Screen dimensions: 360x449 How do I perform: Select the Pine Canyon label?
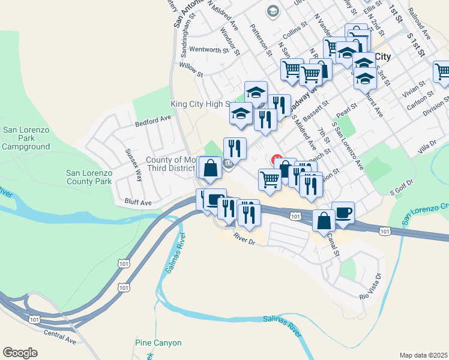click(158, 343)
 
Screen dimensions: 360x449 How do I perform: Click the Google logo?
click(20, 352)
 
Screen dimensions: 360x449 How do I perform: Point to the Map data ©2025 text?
click(423, 355)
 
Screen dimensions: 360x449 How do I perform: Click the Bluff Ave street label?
click(137, 202)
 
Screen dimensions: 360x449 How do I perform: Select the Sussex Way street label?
click(133, 165)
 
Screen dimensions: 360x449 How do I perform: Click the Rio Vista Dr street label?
click(371, 287)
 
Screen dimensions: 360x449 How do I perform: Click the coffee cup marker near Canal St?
click(343, 212)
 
